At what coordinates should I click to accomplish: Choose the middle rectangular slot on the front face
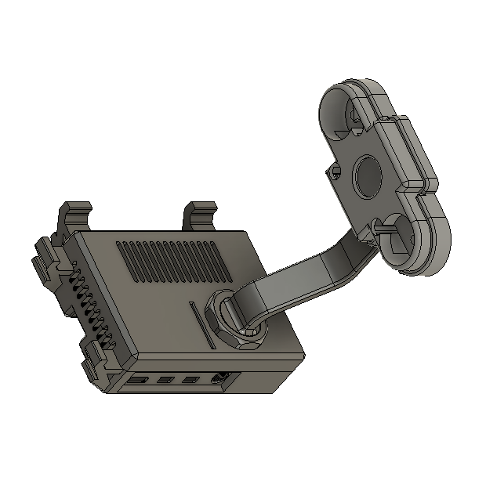pos(165,381)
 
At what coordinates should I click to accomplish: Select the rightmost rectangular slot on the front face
pos(190,381)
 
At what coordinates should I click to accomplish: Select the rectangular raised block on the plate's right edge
pos(411,153)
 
